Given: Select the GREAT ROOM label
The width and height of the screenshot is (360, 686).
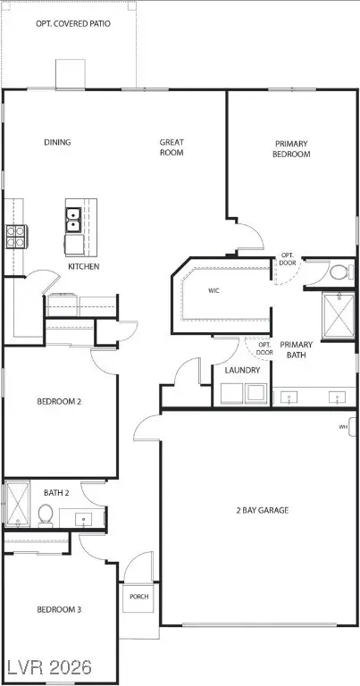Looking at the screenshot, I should pyautogui.click(x=172, y=146).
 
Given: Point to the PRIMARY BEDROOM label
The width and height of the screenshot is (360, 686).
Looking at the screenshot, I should pyautogui.click(x=291, y=148).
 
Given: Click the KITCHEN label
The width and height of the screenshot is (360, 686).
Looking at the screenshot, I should pyautogui.click(x=83, y=266).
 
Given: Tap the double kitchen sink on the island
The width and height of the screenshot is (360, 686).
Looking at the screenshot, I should pyautogui.click(x=73, y=219).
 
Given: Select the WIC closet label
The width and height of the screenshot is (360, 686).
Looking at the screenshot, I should pyautogui.click(x=213, y=290).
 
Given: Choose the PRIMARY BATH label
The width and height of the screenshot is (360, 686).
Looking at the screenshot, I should pyautogui.click(x=295, y=350).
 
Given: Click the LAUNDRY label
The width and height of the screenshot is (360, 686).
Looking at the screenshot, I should pyautogui.click(x=243, y=370).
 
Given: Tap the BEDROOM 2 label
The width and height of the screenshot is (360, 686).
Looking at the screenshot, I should pyautogui.click(x=59, y=402).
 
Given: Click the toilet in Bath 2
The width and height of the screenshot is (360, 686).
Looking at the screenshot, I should pyautogui.click(x=45, y=515).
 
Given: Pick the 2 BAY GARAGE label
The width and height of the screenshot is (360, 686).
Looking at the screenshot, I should pyautogui.click(x=261, y=511).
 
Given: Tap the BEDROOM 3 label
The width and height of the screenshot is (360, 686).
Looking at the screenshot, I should pyautogui.click(x=59, y=610).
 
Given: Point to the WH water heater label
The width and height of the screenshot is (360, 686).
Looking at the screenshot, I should pyautogui.click(x=343, y=427).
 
